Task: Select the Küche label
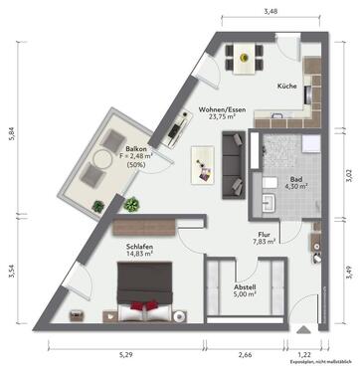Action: (x=288, y=87)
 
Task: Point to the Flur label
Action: (x=264, y=235)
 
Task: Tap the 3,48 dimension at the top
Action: (x=270, y=11)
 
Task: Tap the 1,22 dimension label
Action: (x=305, y=352)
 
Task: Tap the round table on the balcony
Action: (x=103, y=161)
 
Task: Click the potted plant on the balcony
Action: (x=97, y=205)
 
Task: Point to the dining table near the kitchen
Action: (x=241, y=58)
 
